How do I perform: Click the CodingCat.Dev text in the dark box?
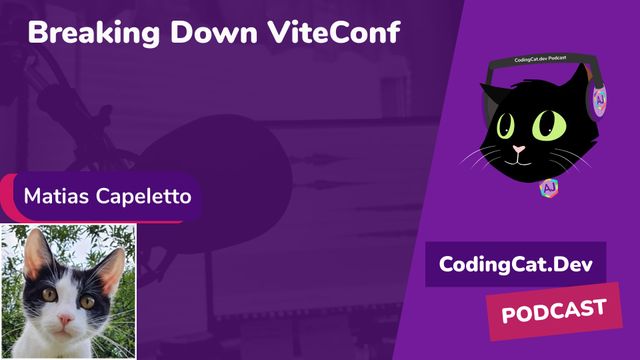(515, 265)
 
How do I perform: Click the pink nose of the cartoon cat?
(517, 150)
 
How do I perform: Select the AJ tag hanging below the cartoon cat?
(548, 187)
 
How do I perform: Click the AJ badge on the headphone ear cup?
(599, 102)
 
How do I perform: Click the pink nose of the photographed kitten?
(67, 320)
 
